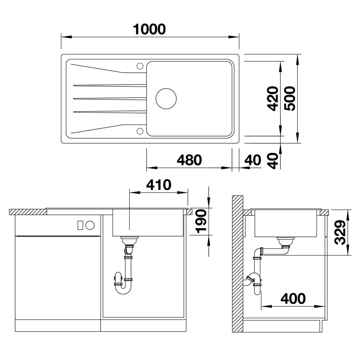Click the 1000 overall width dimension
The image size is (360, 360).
tap(149, 29)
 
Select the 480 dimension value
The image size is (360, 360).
tap(189, 160)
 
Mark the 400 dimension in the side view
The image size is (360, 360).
tap(293, 298)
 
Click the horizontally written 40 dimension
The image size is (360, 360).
tap(252, 160)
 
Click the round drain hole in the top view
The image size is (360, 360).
tap(166, 98)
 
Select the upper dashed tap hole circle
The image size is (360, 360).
tap(140, 66)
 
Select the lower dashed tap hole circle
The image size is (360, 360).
tap(140, 131)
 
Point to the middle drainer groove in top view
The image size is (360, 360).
tap(110, 98)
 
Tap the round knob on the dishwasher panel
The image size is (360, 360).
tap(90, 225)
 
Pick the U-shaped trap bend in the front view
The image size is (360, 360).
tap(123, 288)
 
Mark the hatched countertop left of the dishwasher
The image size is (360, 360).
tap(27, 212)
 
